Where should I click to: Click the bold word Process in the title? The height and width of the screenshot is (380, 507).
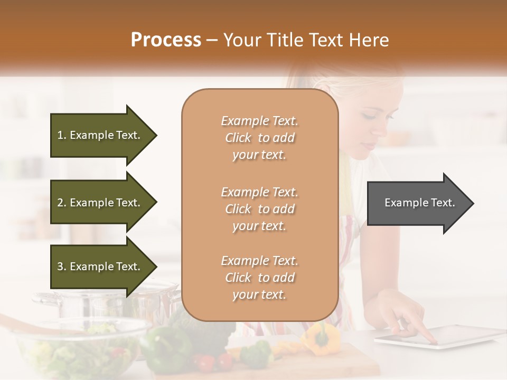tap(166, 40)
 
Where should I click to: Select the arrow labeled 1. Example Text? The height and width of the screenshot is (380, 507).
tap(100, 135)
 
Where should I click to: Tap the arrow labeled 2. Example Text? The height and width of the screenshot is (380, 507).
tap(100, 203)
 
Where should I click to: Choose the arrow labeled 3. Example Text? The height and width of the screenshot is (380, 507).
tap(100, 267)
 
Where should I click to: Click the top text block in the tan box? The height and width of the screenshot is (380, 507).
tap(259, 138)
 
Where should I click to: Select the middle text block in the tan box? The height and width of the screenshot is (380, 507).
tap(259, 209)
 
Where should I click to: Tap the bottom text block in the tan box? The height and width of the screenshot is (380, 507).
tap(259, 278)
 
